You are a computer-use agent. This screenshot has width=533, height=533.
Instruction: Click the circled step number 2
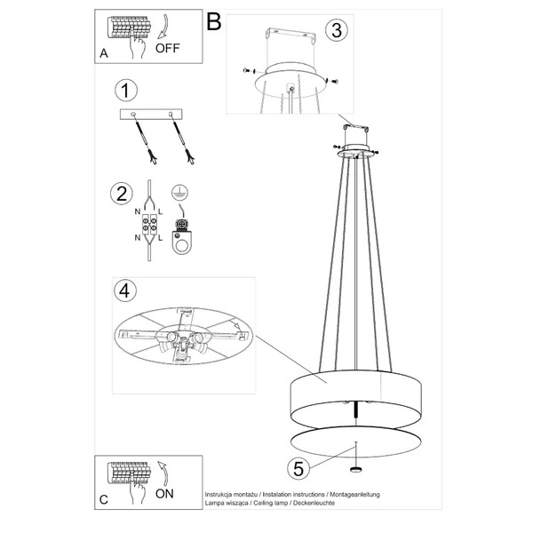pyautogui.click(x=123, y=193)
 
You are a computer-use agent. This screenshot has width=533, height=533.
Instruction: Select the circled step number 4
pyautogui.click(x=126, y=291)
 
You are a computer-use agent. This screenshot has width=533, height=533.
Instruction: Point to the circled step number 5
pyautogui.click(x=300, y=466)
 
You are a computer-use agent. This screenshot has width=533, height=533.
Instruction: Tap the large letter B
pyautogui.click(x=213, y=22)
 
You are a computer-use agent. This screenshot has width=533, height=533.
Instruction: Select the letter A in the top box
pyautogui.click(x=105, y=54)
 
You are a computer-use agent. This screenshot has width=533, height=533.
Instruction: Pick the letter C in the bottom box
pyautogui.click(x=105, y=500)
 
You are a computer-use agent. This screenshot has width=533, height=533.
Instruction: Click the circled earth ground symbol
pyautogui.click(x=180, y=194)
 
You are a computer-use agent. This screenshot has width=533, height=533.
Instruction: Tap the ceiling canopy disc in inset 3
pyautogui.click(x=290, y=85)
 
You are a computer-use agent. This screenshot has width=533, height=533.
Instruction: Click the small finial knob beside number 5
pyautogui.click(x=356, y=469)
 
